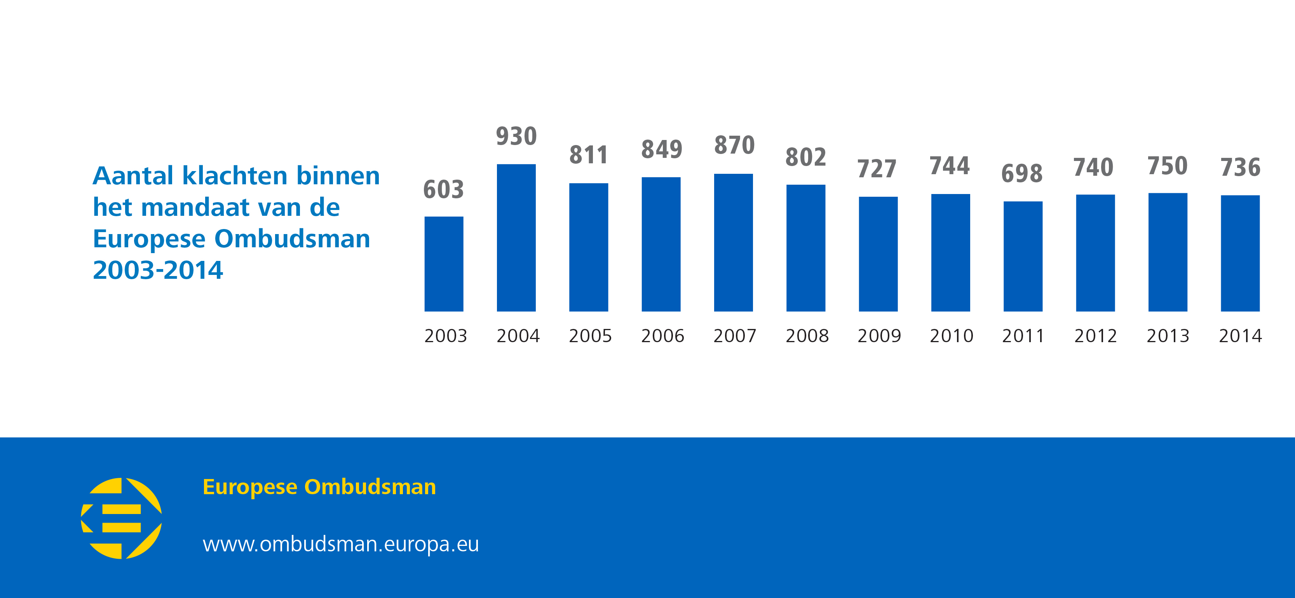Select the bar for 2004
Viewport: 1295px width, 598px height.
tap(516, 238)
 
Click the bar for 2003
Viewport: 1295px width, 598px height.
tap(444, 264)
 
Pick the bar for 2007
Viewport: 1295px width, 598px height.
tap(734, 242)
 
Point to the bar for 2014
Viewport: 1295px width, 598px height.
tap(1240, 253)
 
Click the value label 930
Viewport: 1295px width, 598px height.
tap(516, 136)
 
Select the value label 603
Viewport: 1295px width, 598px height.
tap(443, 190)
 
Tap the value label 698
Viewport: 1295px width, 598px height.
tap(1022, 173)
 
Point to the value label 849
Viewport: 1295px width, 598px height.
tap(662, 149)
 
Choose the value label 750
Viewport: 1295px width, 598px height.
tap(1167, 166)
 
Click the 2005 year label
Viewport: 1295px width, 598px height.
tap(590, 336)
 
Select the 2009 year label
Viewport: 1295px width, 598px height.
tap(879, 336)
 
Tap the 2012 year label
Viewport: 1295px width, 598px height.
tap(1095, 336)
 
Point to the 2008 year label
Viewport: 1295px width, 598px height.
tap(807, 336)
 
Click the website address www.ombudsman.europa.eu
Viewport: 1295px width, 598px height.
tap(341, 544)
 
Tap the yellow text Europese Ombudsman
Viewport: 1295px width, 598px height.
tap(319, 487)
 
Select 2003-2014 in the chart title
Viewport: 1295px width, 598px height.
tap(158, 270)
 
